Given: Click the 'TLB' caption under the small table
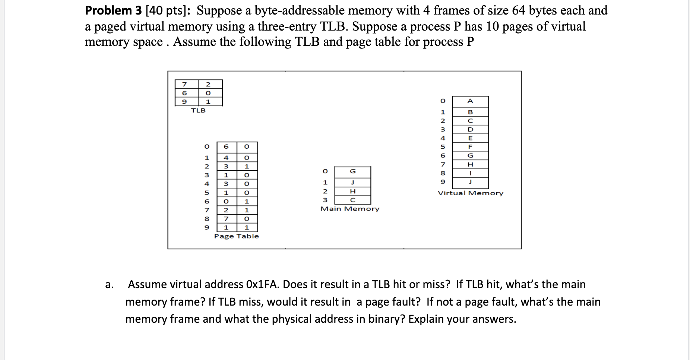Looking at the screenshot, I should (x=198, y=110).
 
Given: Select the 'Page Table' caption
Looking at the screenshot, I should (x=236, y=236).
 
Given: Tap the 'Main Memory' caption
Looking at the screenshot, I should (x=350, y=209).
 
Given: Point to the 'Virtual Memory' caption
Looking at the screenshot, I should (x=470, y=193).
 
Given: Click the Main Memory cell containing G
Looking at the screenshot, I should (x=353, y=171).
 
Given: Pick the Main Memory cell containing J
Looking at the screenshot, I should (x=353, y=183).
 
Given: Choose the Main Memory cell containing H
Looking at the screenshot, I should (x=353, y=191).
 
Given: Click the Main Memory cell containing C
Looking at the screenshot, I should (x=353, y=200).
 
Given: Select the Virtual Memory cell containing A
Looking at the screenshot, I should (x=470, y=101).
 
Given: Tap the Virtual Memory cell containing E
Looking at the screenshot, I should (x=470, y=138).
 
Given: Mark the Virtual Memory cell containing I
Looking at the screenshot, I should (x=470, y=173).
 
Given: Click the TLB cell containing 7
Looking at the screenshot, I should (x=184, y=84).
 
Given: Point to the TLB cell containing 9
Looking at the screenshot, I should (x=184, y=101).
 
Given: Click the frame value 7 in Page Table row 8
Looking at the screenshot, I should (x=226, y=219).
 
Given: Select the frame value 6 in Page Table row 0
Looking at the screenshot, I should (x=226, y=147).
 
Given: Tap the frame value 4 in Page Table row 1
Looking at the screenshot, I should (x=226, y=158).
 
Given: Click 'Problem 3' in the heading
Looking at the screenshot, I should (x=113, y=10).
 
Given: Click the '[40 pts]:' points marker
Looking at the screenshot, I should (x=168, y=10).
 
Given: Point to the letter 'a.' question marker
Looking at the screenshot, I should (x=109, y=285).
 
